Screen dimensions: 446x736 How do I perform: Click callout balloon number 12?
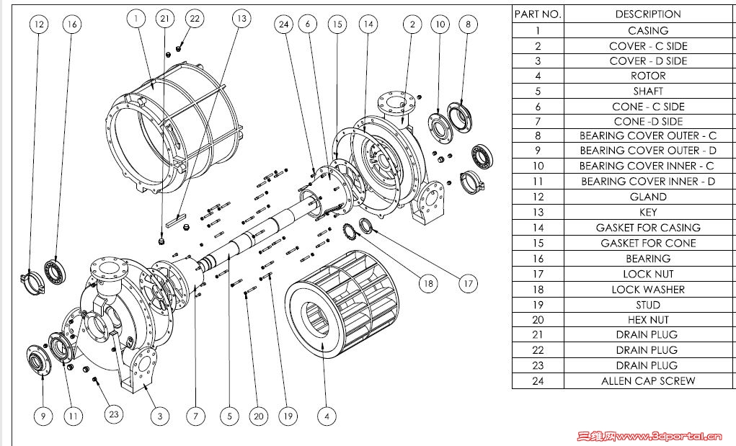pos(39,24)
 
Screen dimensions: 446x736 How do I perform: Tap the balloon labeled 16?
pos(71,24)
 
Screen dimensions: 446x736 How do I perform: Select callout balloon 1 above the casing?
pos(136,19)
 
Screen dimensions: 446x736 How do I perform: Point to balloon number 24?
pos(283,24)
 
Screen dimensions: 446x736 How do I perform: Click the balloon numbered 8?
pos(468,24)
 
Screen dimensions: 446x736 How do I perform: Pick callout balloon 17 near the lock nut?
pos(469,284)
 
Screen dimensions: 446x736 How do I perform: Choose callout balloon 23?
pos(113,414)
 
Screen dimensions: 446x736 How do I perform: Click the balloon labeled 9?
pos(43,416)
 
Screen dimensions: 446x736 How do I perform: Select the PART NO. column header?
pos(538,14)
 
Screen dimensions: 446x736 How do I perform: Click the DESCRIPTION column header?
pos(647,14)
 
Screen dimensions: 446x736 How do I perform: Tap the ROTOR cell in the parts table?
pos(647,76)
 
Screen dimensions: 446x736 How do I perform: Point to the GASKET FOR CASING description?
pos(647,228)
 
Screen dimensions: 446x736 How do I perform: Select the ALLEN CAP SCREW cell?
pos(647,380)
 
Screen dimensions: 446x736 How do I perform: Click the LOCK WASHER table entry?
pos(647,289)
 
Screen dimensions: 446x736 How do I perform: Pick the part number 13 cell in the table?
pos(538,213)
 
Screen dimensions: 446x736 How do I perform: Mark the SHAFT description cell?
pos(647,91)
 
